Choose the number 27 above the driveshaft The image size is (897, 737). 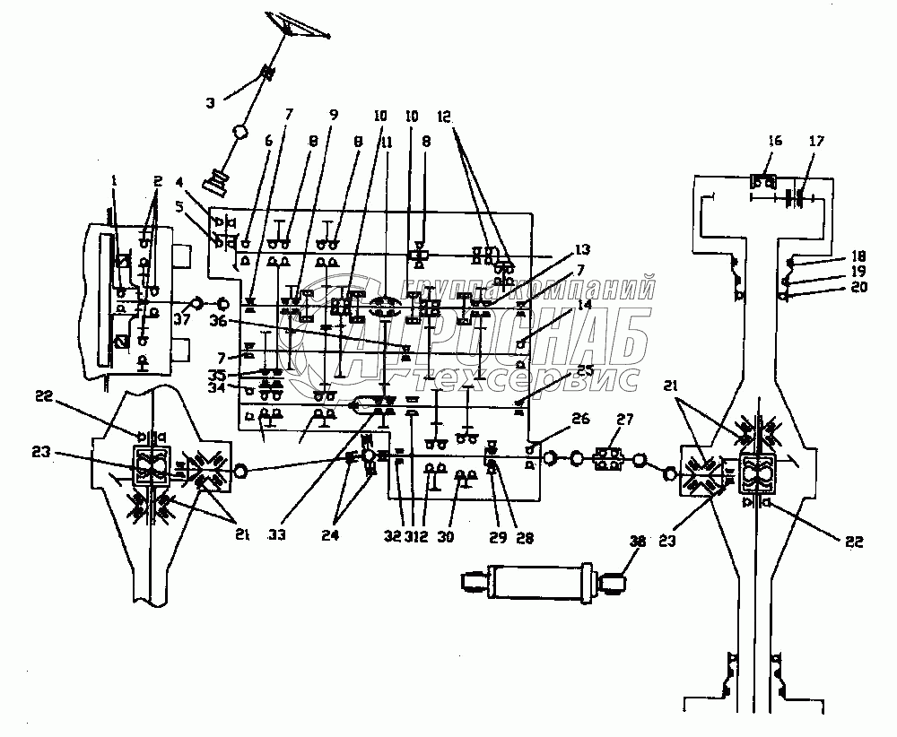pos(623,418)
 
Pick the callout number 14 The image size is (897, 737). pos(585,306)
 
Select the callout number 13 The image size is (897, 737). pos(585,248)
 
